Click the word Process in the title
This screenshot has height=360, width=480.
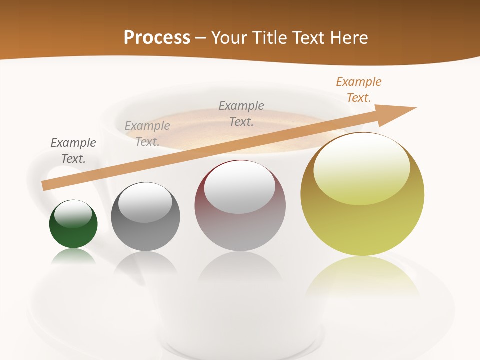(157, 37)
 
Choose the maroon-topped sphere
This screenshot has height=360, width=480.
(240, 225)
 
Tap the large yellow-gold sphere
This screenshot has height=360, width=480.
(362, 220)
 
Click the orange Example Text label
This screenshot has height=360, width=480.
(359, 90)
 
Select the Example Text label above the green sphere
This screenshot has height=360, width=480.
(73, 151)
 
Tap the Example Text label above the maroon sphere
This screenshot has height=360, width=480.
(241, 113)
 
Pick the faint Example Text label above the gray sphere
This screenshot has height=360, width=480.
(147, 134)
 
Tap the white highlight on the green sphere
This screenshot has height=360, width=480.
(73, 213)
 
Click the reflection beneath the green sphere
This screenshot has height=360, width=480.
(73, 256)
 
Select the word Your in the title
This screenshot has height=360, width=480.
(229, 37)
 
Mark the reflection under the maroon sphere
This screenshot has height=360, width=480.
(240, 272)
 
